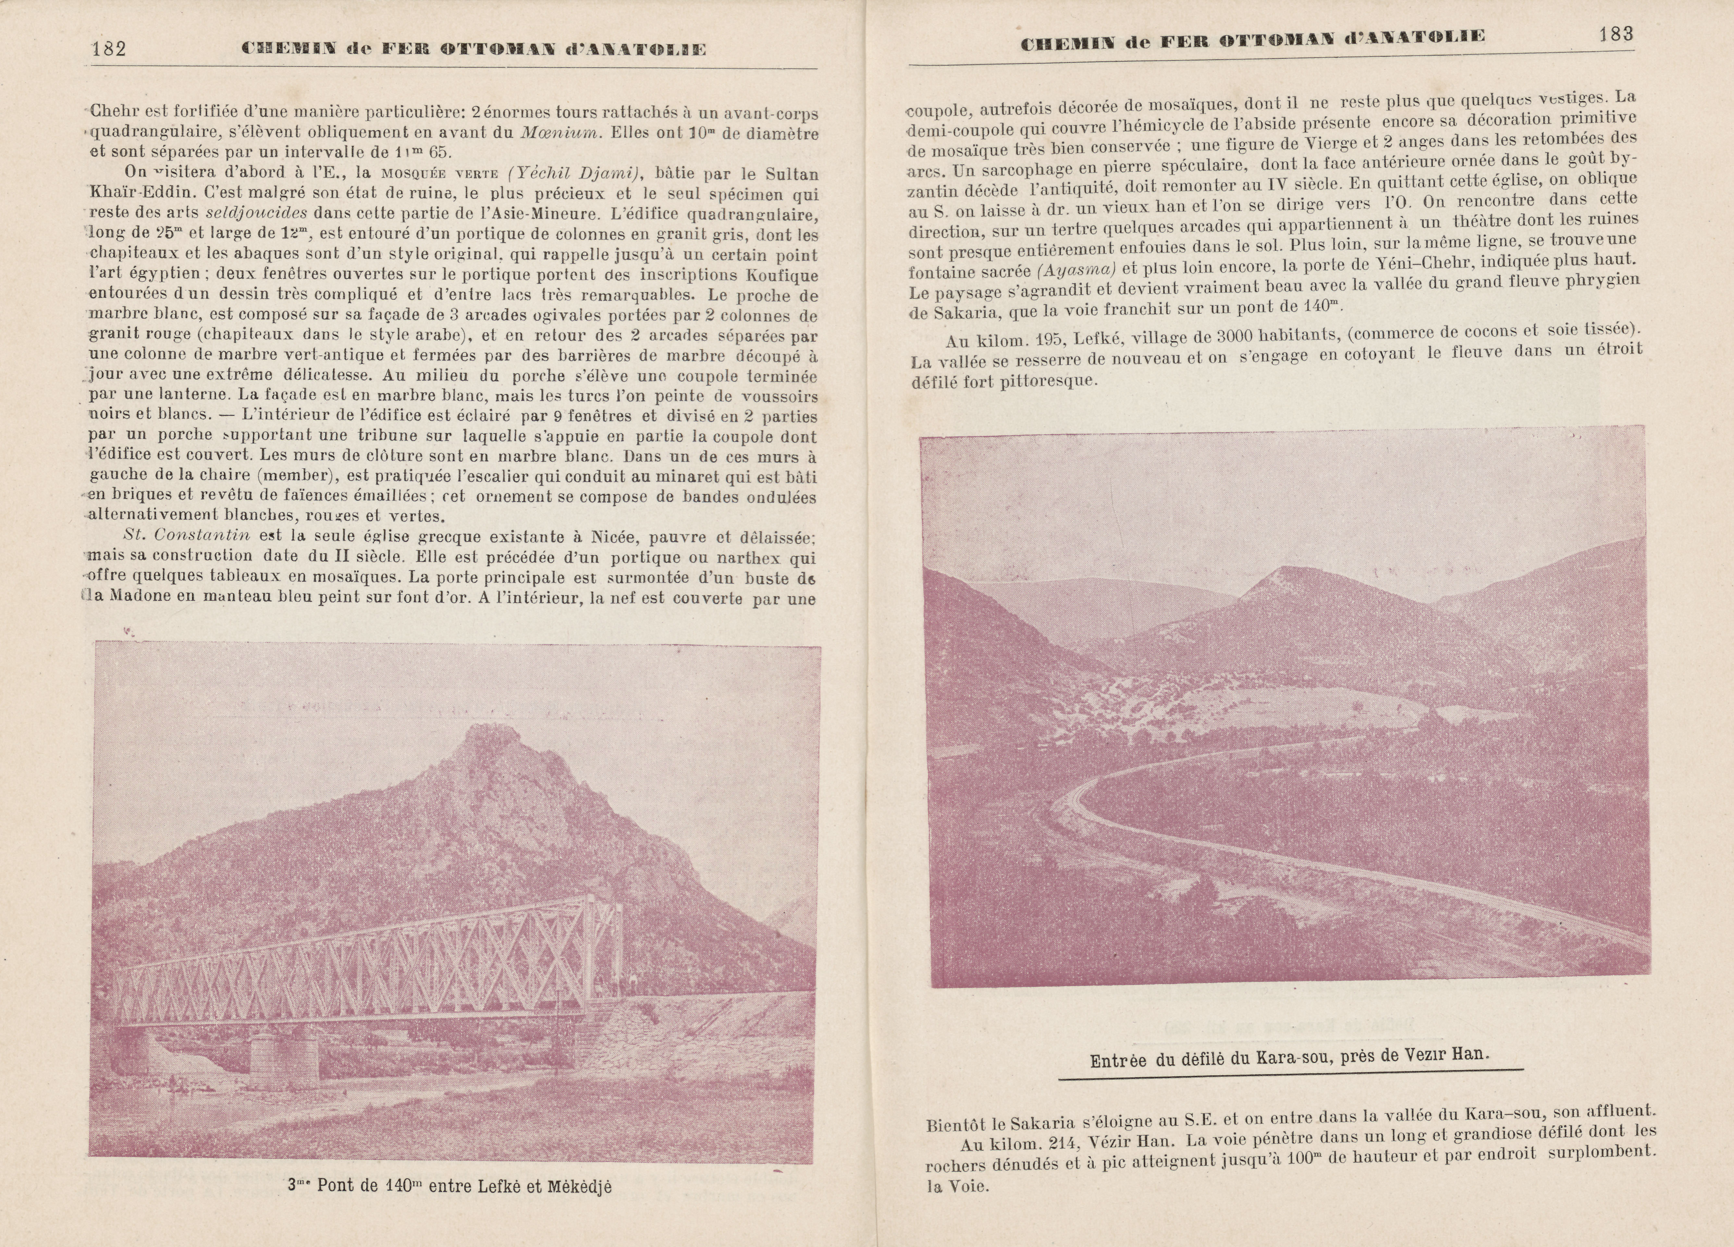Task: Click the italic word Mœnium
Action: point(560,131)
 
